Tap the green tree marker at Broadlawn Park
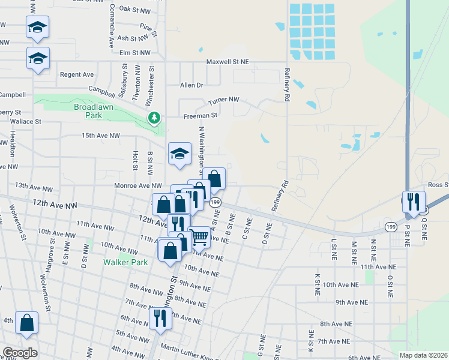pos(155,117)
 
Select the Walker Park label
pos(125,262)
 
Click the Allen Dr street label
pos(192,85)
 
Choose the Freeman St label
pos(200,115)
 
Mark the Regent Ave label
pos(77,74)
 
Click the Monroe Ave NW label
pos(139,186)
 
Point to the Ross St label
pos(438,185)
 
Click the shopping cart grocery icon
pos(199,237)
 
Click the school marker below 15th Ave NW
pos(179,154)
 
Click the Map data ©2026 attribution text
pos(423,355)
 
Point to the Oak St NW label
pos(134,9)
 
